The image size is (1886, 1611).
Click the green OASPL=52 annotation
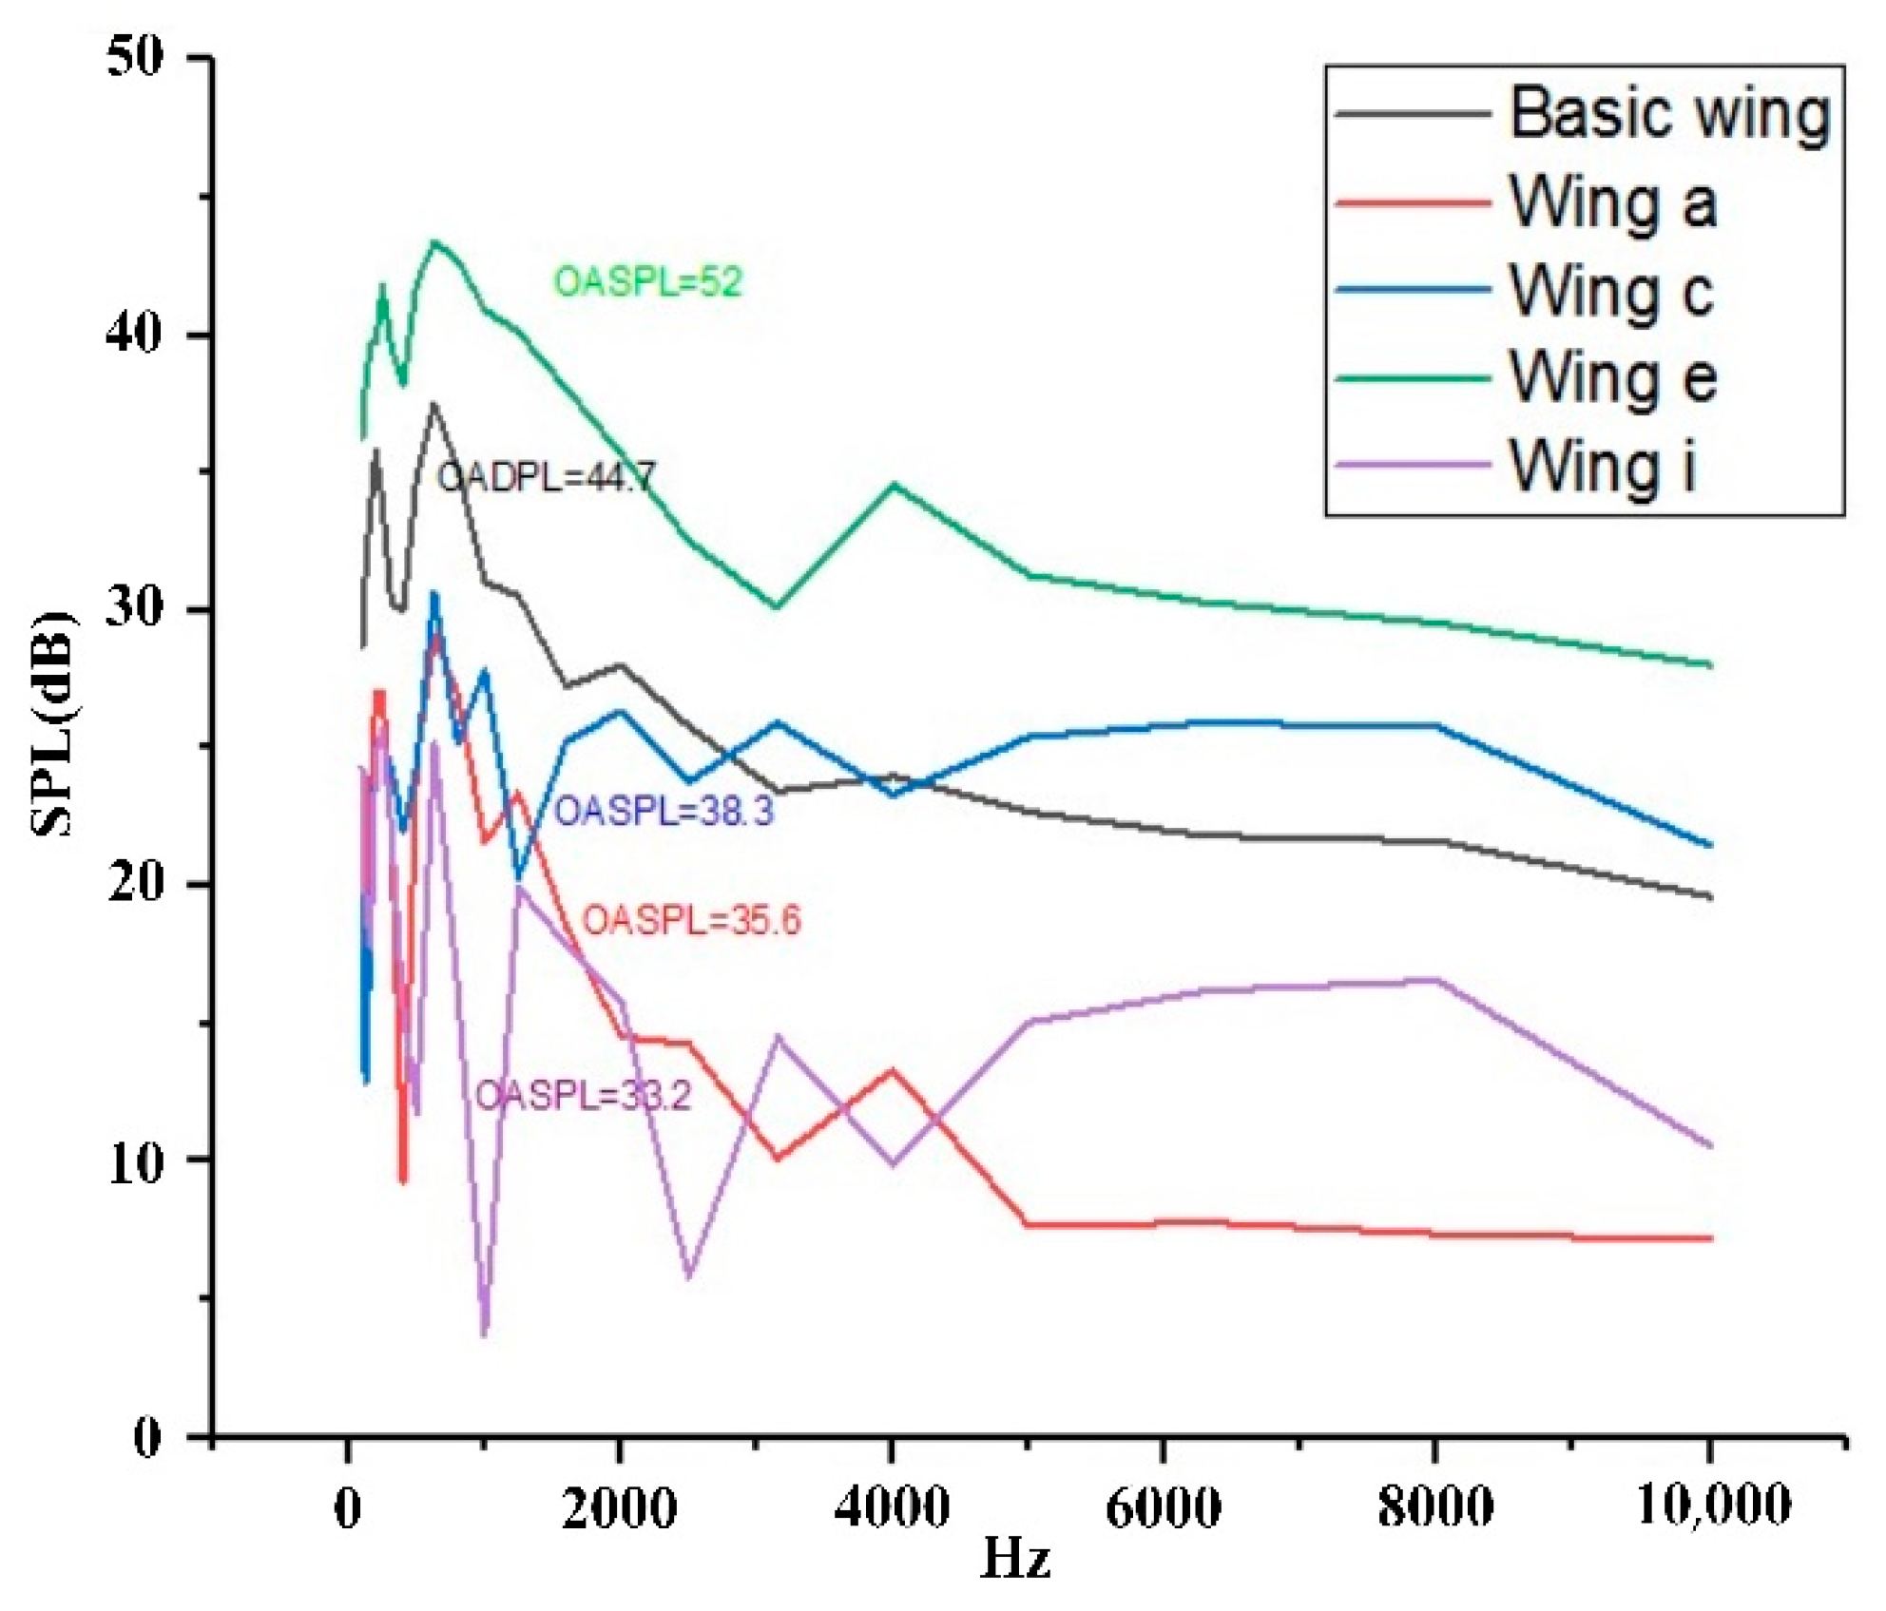click(x=647, y=282)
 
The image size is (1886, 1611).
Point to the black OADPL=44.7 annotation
click(x=546, y=477)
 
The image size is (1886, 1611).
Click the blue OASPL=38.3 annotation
click(x=664, y=812)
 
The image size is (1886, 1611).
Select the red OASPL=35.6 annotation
click(x=691, y=920)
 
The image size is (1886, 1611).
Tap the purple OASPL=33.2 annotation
click(x=583, y=1096)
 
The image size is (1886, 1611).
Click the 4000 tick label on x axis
click(x=892, y=1506)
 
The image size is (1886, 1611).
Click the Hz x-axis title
click(x=1014, y=1559)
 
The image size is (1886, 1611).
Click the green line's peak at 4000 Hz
click(x=894, y=484)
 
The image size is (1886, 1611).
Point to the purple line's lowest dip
click(x=485, y=1333)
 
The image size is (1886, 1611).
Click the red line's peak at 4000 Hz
click(x=893, y=1070)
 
